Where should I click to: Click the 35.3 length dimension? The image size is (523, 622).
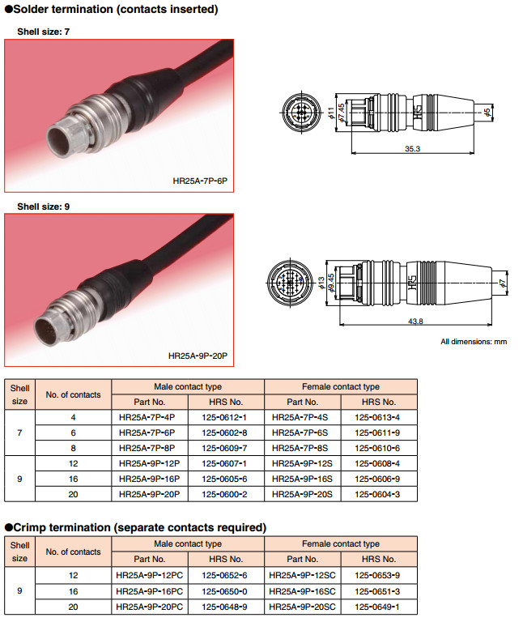tap(412, 149)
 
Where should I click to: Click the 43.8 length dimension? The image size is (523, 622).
tap(416, 322)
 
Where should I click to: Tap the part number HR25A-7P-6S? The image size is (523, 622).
tap(302, 432)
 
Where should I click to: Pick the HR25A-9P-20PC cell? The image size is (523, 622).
tap(150, 606)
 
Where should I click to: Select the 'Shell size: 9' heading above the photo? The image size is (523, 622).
tap(44, 207)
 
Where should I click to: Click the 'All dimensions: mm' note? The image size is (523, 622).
tap(474, 342)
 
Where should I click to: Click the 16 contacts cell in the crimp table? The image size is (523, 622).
tap(73, 590)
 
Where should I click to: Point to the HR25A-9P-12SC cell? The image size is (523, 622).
tap(303, 575)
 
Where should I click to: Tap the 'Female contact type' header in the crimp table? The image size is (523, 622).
tap(340, 544)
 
